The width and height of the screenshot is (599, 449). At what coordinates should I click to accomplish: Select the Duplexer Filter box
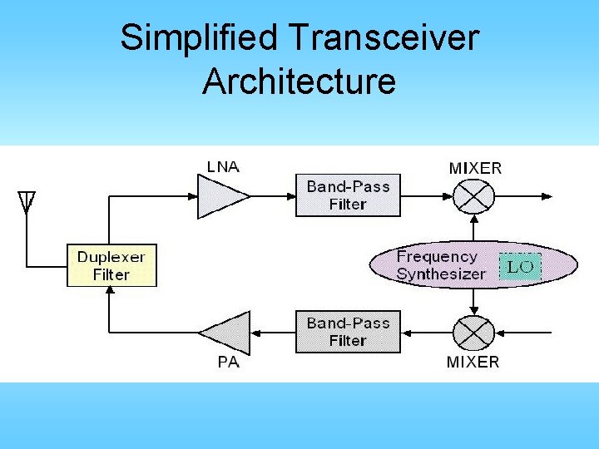(x=111, y=265)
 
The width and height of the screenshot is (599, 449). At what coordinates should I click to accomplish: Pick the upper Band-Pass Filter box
(x=348, y=195)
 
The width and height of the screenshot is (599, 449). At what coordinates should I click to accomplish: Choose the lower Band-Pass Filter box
(x=348, y=332)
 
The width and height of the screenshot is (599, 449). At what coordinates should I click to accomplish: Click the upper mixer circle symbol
(x=474, y=197)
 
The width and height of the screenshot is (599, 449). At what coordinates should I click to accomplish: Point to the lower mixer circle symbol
(x=474, y=333)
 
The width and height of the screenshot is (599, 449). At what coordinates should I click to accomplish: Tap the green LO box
(x=521, y=266)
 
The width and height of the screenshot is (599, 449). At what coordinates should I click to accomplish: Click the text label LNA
(x=223, y=166)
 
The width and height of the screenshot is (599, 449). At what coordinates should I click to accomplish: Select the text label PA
(x=228, y=363)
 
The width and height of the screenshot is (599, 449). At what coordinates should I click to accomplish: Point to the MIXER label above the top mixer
(x=475, y=168)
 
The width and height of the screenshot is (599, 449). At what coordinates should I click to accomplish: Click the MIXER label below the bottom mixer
(x=473, y=363)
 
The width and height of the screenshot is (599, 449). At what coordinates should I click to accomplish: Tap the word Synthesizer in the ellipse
(x=441, y=274)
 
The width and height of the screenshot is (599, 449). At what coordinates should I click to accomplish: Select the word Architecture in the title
(x=299, y=81)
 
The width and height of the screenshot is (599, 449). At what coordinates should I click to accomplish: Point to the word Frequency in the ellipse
(x=437, y=257)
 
